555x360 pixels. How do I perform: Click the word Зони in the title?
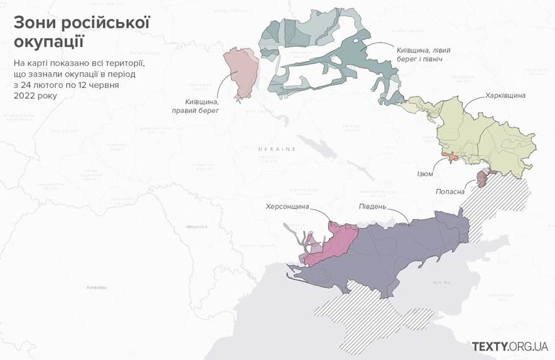coord(35,24)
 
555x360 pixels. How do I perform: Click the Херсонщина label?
coord(291,206)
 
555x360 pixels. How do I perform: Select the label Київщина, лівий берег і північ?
coord(422,55)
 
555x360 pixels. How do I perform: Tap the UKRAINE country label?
coord(276,149)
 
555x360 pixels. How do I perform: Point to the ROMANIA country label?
coord(97,287)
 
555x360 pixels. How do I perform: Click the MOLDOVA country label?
coord(197,226)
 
